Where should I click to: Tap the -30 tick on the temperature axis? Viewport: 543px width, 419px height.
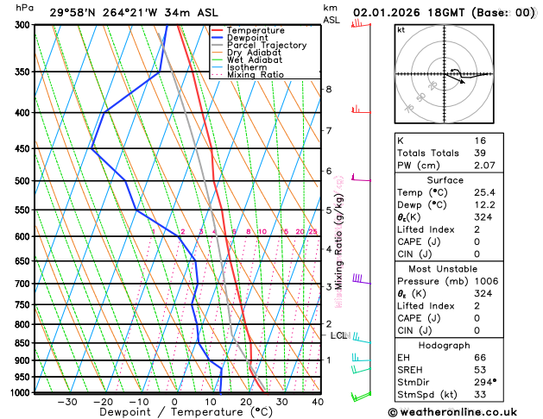click(x=67, y=401)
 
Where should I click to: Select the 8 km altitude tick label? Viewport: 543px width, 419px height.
click(x=329, y=89)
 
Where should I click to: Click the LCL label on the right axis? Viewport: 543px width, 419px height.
click(x=338, y=335)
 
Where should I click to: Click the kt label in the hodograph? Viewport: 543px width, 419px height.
click(x=401, y=30)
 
